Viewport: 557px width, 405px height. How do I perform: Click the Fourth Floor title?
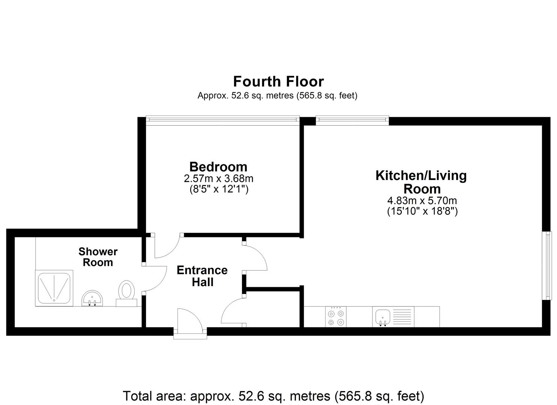[x=278, y=81]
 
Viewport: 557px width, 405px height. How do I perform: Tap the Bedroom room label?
[x=218, y=167]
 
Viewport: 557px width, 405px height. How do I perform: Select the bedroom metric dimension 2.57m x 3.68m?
[x=219, y=178]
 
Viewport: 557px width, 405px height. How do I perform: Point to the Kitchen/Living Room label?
[x=421, y=182]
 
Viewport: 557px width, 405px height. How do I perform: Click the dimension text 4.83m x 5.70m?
[x=422, y=200]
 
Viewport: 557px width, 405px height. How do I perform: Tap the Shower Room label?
[x=98, y=257]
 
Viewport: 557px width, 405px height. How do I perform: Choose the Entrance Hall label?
[x=202, y=276]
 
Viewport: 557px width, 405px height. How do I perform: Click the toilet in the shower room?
[x=126, y=293]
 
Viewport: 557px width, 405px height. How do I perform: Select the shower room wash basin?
[x=92, y=298]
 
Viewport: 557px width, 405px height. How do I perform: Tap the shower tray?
[x=54, y=288]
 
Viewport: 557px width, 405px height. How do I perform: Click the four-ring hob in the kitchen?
[x=336, y=317]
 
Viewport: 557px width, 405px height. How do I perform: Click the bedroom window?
[x=222, y=120]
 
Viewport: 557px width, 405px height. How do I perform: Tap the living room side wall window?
[x=547, y=265]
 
